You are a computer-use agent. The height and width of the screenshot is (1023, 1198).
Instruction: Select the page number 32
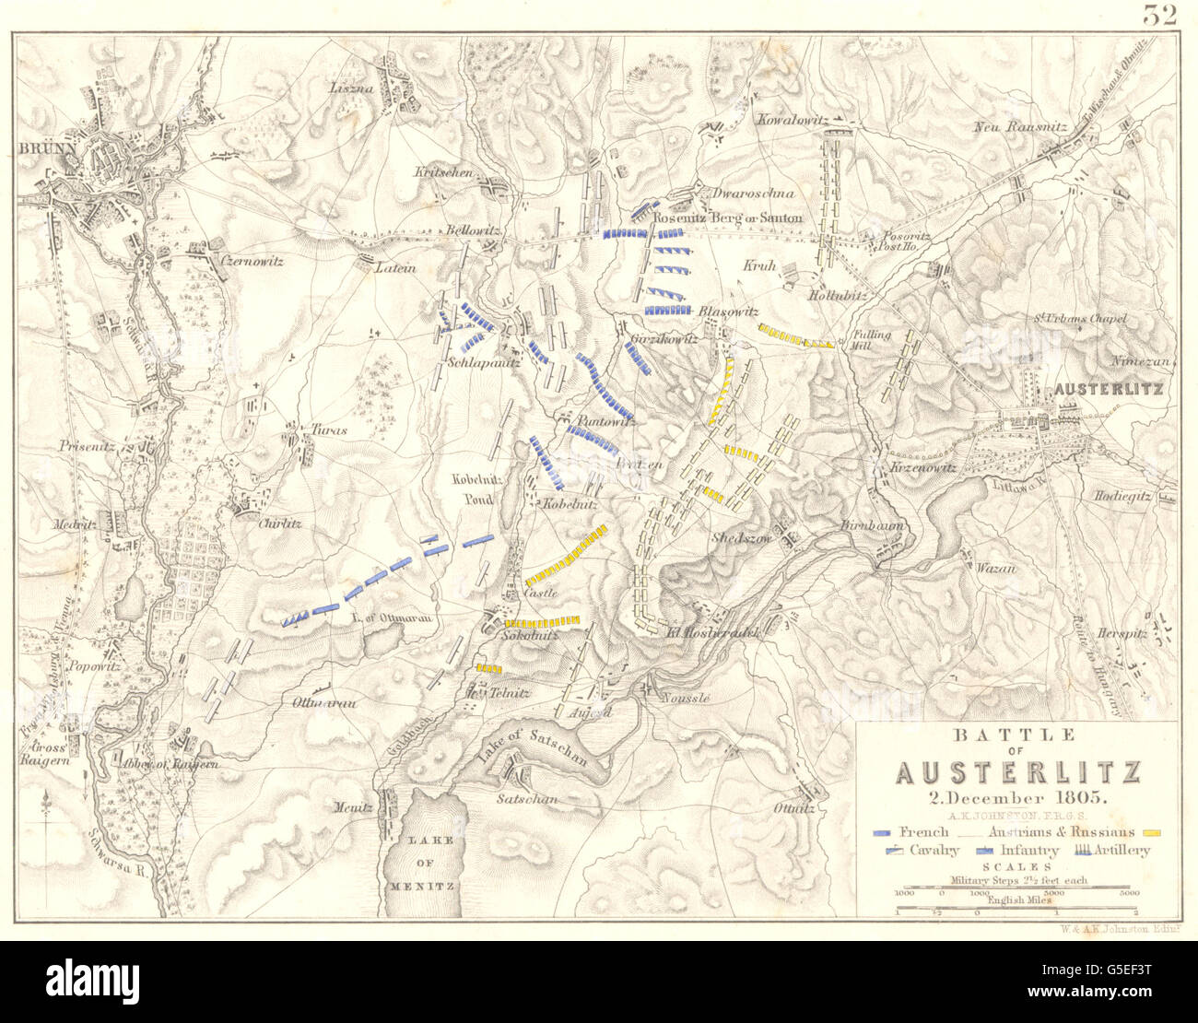pyautogui.click(x=1161, y=15)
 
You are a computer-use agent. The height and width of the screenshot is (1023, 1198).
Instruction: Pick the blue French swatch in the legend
pyautogui.click(x=883, y=832)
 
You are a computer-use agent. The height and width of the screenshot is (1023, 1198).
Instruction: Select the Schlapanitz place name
pyautogui.click(x=478, y=363)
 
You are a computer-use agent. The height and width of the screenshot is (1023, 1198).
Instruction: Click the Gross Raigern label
pyautogui.click(x=51, y=756)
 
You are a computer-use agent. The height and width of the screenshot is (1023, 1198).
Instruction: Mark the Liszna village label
pyautogui.click(x=351, y=88)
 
